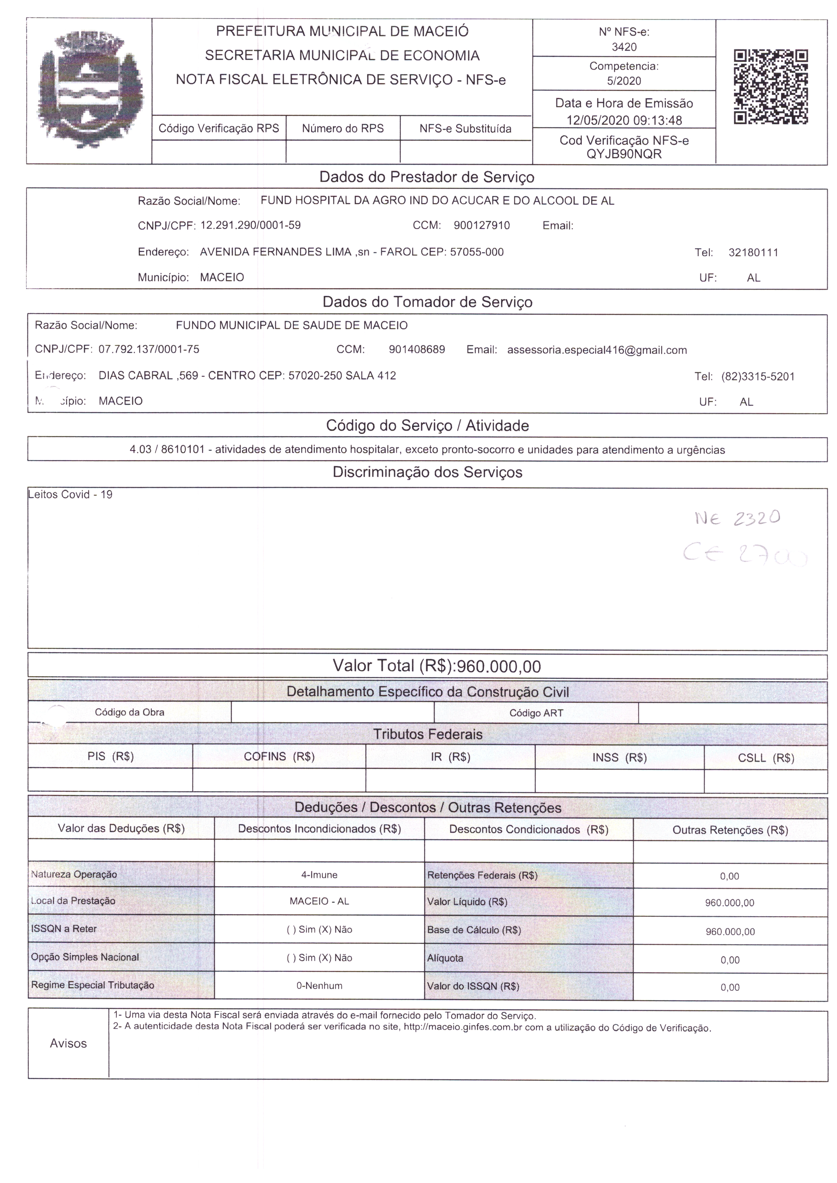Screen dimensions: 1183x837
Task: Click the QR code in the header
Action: tap(771, 87)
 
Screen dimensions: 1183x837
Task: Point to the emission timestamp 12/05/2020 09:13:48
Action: tap(624, 120)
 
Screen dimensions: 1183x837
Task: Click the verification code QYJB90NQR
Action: tap(624, 154)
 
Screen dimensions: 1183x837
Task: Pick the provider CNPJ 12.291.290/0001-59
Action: tap(250, 225)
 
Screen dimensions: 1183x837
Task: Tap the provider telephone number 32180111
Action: tap(753, 252)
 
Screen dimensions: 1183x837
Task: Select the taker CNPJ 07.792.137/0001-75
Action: tap(149, 349)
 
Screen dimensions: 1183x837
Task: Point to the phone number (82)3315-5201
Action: tap(758, 377)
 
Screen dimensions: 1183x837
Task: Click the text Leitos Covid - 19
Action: tap(71, 495)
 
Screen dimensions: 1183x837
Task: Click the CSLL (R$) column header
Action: tap(766, 758)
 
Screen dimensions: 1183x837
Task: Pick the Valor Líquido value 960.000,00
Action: tap(729, 903)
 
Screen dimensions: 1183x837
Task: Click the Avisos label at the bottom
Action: tap(68, 1043)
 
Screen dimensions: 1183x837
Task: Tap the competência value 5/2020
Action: tap(624, 81)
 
